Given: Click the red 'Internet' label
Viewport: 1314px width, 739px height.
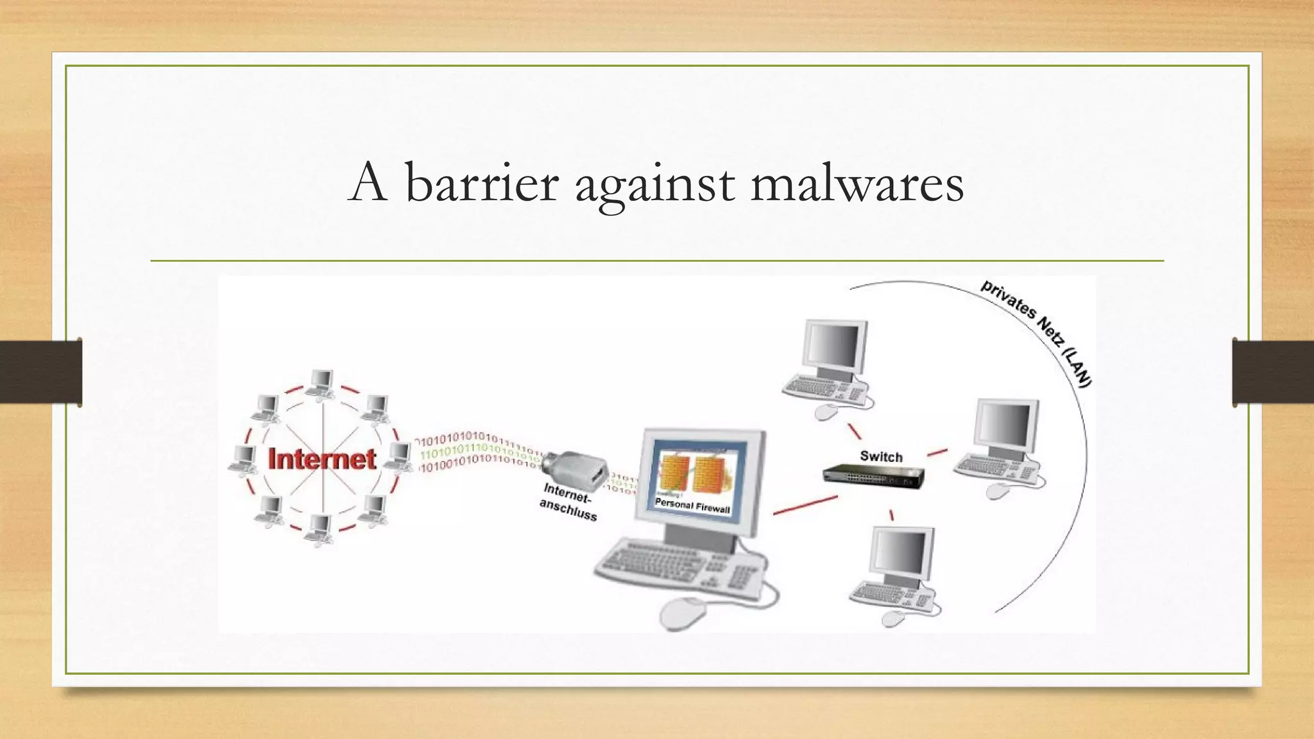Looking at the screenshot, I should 321,459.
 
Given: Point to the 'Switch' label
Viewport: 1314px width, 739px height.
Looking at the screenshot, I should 881,457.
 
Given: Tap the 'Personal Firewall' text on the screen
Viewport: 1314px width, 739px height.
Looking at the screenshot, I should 692,505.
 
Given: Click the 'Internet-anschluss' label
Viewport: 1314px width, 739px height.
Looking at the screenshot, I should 568,502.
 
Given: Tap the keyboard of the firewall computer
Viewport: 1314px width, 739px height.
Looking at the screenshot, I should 680,565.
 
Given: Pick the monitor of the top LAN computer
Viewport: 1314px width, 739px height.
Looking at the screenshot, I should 834,346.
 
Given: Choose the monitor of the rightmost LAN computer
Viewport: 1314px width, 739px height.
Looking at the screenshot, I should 1005,427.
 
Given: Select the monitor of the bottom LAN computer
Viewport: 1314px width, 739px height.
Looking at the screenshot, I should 901,553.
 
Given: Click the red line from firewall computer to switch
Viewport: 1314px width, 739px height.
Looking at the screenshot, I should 805,505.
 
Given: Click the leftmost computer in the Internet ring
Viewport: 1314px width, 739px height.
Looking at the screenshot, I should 244,458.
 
